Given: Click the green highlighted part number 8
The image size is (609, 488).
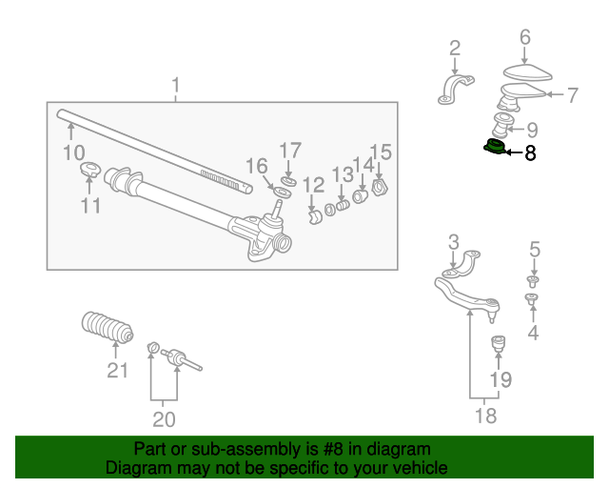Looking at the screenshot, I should click(x=493, y=149).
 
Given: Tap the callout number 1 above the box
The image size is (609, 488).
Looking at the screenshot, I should click(x=175, y=88).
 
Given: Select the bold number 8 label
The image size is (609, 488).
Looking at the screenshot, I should click(x=530, y=152).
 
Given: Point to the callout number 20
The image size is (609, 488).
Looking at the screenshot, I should click(x=164, y=419).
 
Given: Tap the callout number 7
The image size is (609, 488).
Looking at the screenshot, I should click(x=572, y=94).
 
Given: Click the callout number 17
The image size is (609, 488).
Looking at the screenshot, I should click(x=289, y=151).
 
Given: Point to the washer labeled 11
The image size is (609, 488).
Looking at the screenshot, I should click(x=89, y=172).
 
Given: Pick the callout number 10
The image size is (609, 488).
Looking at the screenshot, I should click(x=73, y=152).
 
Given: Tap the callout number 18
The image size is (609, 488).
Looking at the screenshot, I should click(x=485, y=416).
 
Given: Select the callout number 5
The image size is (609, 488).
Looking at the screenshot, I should click(x=535, y=250).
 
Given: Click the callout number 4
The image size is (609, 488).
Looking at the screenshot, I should click(x=533, y=332).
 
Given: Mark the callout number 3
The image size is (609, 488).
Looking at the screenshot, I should click(x=454, y=241).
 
